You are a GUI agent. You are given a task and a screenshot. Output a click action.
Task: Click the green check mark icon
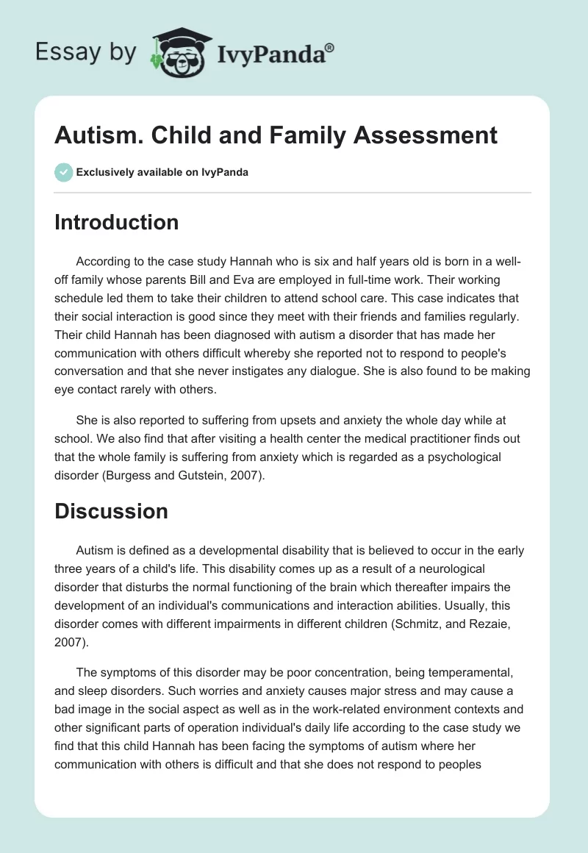(63, 172)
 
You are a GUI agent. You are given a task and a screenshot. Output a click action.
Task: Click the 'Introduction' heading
(116, 222)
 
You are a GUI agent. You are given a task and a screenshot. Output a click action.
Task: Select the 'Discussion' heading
(111, 512)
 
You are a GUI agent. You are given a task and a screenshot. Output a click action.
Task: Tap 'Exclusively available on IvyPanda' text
(162, 172)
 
